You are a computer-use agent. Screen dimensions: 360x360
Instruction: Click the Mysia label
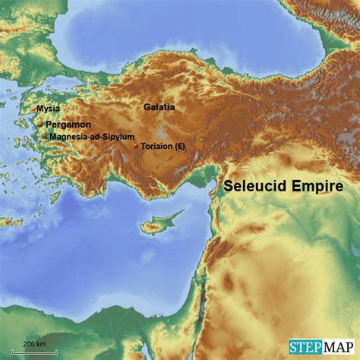pos(49,109)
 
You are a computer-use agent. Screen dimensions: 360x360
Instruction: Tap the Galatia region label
pos(159,107)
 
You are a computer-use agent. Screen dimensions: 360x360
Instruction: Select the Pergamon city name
pos(68,124)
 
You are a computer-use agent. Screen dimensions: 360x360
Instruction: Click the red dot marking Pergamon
pos(40,124)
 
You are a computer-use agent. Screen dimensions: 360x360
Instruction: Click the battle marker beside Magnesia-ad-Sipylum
pos(44,137)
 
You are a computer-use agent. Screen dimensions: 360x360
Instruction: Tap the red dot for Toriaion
pos(135,146)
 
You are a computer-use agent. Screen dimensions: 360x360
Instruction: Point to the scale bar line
pos(23,352)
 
